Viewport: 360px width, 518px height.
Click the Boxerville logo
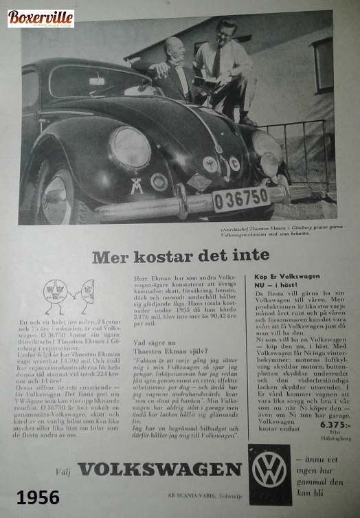[41, 19]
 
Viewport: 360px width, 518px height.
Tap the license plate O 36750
[240, 199]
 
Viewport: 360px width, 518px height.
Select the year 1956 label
[38, 497]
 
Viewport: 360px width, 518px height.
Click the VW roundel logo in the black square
[269, 470]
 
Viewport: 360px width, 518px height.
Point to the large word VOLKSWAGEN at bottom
[159, 469]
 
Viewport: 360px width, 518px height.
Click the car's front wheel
[56, 196]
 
